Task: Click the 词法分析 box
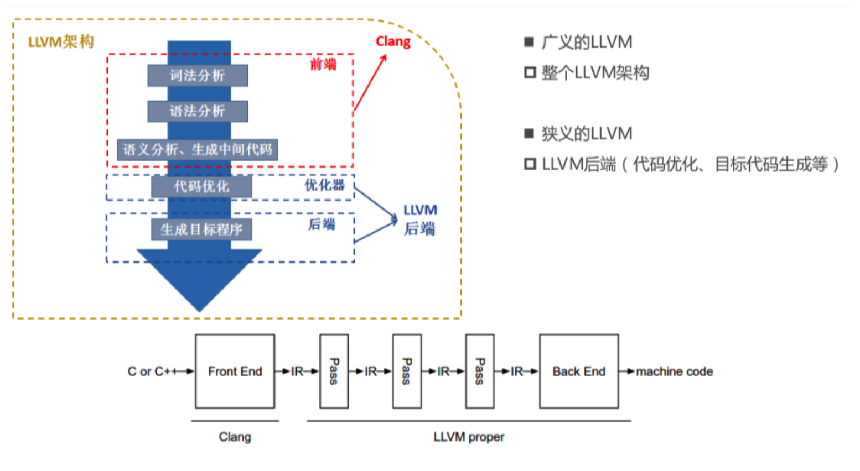coord(197,76)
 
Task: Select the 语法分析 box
coord(197,111)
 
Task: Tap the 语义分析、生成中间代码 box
coord(197,150)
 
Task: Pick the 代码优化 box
coord(201,186)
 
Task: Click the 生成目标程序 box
coord(201,229)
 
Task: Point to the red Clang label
coord(393,42)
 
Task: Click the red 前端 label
coord(323,65)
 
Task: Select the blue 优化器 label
coord(324,185)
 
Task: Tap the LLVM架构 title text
coord(61,42)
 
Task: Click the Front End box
coord(235,371)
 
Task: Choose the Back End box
coord(579,371)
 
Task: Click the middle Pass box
coord(407,371)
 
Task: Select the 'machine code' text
coord(674,371)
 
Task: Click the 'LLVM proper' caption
coord(469,437)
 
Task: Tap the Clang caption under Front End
coord(235,437)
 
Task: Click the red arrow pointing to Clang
coord(370,83)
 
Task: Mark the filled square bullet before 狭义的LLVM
coord(529,133)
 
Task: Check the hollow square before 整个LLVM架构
coord(530,72)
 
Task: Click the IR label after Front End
coord(297,371)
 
